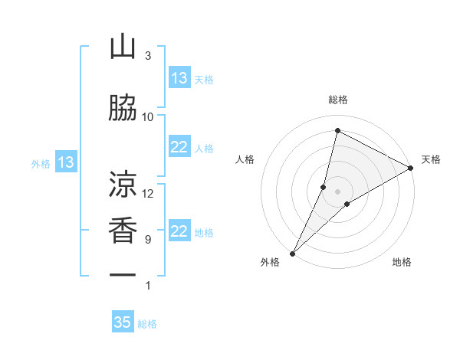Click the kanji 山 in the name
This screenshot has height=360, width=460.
click(x=123, y=48)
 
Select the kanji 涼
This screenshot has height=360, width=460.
click(x=123, y=185)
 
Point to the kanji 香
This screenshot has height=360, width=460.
click(x=123, y=231)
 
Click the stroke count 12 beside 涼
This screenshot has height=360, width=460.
click(x=148, y=193)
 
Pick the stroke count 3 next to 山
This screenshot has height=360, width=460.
click(x=148, y=56)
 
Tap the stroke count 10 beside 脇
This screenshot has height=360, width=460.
click(x=148, y=116)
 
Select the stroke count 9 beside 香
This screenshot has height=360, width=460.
click(x=148, y=240)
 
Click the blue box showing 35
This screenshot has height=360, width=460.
click(x=123, y=322)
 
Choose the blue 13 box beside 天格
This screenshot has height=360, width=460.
click(x=179, y=78)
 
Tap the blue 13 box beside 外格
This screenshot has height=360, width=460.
click(x=65, y=162)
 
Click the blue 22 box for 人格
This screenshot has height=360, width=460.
click(x=179, y=148)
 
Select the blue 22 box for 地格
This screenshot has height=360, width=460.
click(x=179, y=231)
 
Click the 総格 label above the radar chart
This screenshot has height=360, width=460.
click(x=337, y=100)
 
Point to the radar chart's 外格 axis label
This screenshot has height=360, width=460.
click(x=270, y=262)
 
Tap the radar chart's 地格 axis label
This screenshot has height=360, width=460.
click(x=402, y=262)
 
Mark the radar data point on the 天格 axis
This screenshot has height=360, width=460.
click(x=411, y=169)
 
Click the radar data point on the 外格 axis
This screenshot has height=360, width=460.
click(x=292, y=254)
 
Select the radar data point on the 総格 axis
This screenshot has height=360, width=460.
click(x=337, y=130)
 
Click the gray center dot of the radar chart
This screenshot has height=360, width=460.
click(x=337, y=191)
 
